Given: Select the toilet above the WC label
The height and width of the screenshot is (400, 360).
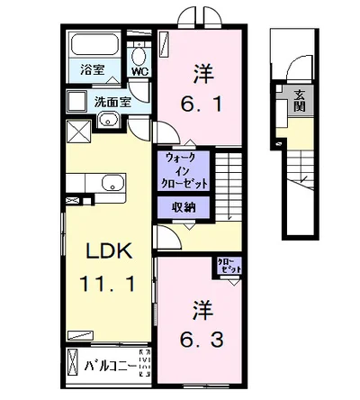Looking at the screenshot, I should point(139,50).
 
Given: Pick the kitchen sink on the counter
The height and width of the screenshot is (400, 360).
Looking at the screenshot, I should point(112,184).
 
